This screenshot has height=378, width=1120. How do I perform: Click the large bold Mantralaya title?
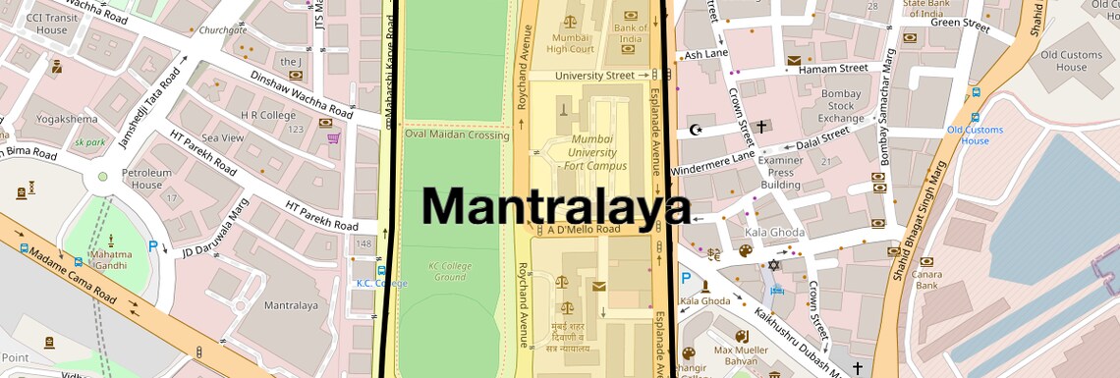[556, 206]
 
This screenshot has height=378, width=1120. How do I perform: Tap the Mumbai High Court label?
[571, 43]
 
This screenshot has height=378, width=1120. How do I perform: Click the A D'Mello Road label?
[584, 230]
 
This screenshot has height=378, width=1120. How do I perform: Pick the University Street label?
[594, 76]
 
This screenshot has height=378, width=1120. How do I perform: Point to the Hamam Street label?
[833, 69]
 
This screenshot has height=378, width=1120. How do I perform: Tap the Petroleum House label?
[147, 179]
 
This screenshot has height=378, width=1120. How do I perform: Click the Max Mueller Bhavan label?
[736, 355]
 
